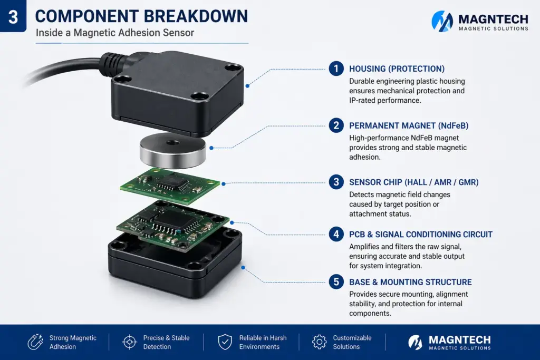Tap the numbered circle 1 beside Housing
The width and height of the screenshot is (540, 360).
point(336,69)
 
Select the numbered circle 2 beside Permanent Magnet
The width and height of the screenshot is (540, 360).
point(336,125)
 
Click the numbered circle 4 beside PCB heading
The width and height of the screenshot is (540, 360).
point(336,234)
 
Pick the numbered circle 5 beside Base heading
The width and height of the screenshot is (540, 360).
point(336,282)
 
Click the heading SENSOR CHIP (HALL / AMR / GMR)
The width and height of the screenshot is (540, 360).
point(414,182)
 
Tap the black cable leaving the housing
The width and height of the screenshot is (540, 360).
point(47,71)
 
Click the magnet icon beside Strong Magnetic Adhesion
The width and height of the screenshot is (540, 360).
point(35,342)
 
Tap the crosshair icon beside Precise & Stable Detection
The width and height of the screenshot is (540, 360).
point(129,342)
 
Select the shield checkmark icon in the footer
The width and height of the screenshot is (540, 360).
point(225,342)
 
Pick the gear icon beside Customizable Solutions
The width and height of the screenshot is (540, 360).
point(319,342)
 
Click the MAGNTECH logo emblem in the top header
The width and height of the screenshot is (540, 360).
point(442,21)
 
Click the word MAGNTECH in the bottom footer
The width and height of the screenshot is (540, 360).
point(459,339)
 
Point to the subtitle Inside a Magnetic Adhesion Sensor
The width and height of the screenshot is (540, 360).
point(115,33)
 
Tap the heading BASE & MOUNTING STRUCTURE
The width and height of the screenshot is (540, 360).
point(410,282)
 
